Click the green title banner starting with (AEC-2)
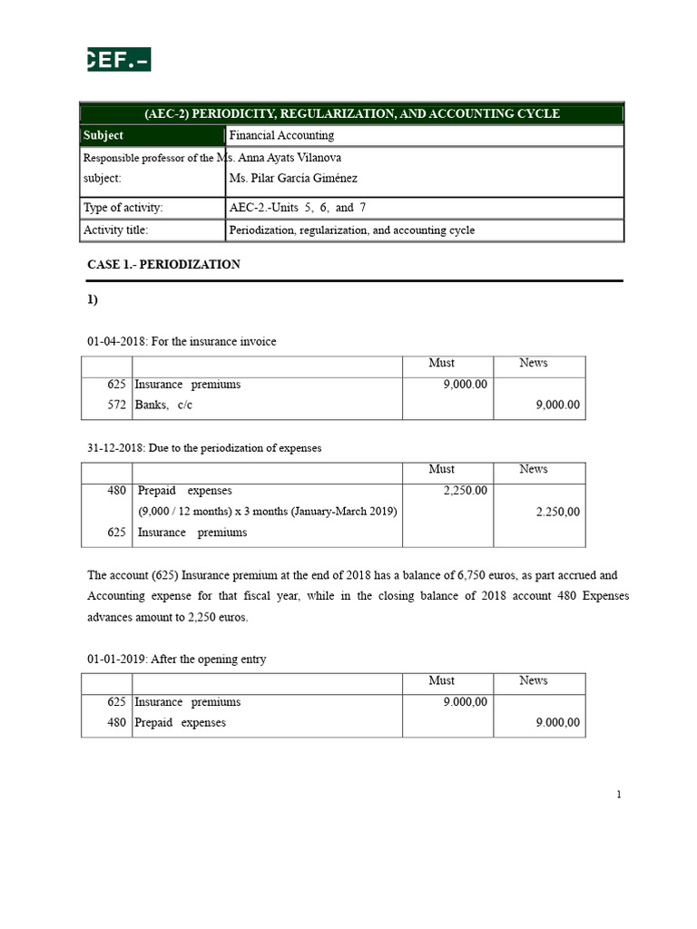pyautogui.click(x=352, y=113)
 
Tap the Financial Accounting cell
pyautogui.click(x=281, y=135)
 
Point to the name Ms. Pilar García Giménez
pyautogui.click(x=293, y=179)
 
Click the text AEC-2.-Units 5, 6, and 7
pyautogui.click(x=299, y=208)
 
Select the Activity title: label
pyautogui.click(x=115, y=230)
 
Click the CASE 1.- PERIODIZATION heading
pyautogui.click(x=163, y=265)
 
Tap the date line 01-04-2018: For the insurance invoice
pyautogui.click(x=182, y=341)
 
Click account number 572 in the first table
pyautogui.click(x=115, y=406)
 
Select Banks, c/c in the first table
pyautogui.click(x=163, y=406)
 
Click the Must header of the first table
pyautogui.click(x=442, y=363)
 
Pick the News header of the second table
pyautogui.click(x=534, y=469)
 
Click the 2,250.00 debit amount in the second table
pyautogui.click(x=465, y=491)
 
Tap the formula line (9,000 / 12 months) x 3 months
pyautogui.click(x=268, y=512)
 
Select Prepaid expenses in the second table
pyautogui.click(x=184, y=491)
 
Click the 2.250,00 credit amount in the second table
pyautogui.click(x=557, y=512)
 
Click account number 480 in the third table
pyautogui.click(x=115, y=723)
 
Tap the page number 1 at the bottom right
pyautogui.click(x=619, y=795)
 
